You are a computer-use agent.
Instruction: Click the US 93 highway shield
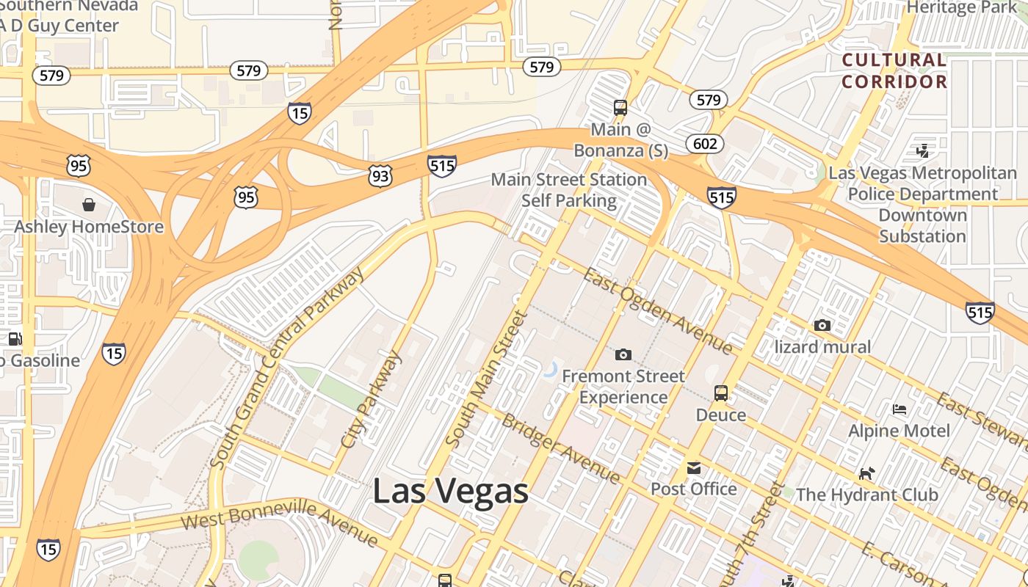[380, 176]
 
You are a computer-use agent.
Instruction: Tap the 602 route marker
[705, 143]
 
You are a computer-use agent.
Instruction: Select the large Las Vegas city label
[450, 491]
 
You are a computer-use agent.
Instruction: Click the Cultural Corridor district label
[894, 70]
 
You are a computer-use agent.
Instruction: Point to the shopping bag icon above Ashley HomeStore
[89, 204]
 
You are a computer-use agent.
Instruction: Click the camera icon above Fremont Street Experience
[623, 355]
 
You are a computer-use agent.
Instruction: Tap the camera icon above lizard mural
[822, 325]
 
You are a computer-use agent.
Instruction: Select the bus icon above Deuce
[721, 393]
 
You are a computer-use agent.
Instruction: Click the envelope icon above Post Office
[693, 468]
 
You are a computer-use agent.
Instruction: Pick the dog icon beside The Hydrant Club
[866, 474]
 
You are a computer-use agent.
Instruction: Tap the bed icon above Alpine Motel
[899, 409]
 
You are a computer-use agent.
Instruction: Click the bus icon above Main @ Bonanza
[620, 108]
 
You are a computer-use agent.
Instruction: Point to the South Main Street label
[487, 379]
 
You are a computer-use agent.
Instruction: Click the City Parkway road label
[372, 400]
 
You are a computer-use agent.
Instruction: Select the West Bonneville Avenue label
[279, 523]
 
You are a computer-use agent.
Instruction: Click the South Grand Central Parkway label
[286, 369]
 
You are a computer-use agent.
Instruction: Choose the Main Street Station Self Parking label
[569, 190]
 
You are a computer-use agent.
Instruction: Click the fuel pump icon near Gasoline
[15, 339]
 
